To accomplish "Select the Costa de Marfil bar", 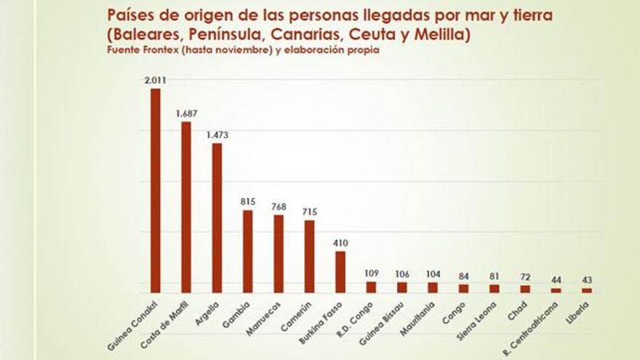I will pyautogui.click(x=186, y=207).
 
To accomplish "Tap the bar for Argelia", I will pyautogui.click(x=217, y=217).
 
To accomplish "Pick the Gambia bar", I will pyautogui.click(x=248, y=252).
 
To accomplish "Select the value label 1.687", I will pyautogui.click(x=186, y=113).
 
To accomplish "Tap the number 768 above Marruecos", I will pyautogui.click(x=279, y=207).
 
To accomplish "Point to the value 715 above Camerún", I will pyautogui.click(x=309, y=212).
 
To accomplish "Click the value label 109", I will pyautogui.click(x=371, y=273).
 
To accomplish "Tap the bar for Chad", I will pyautogui.click(x=526, y=289).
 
